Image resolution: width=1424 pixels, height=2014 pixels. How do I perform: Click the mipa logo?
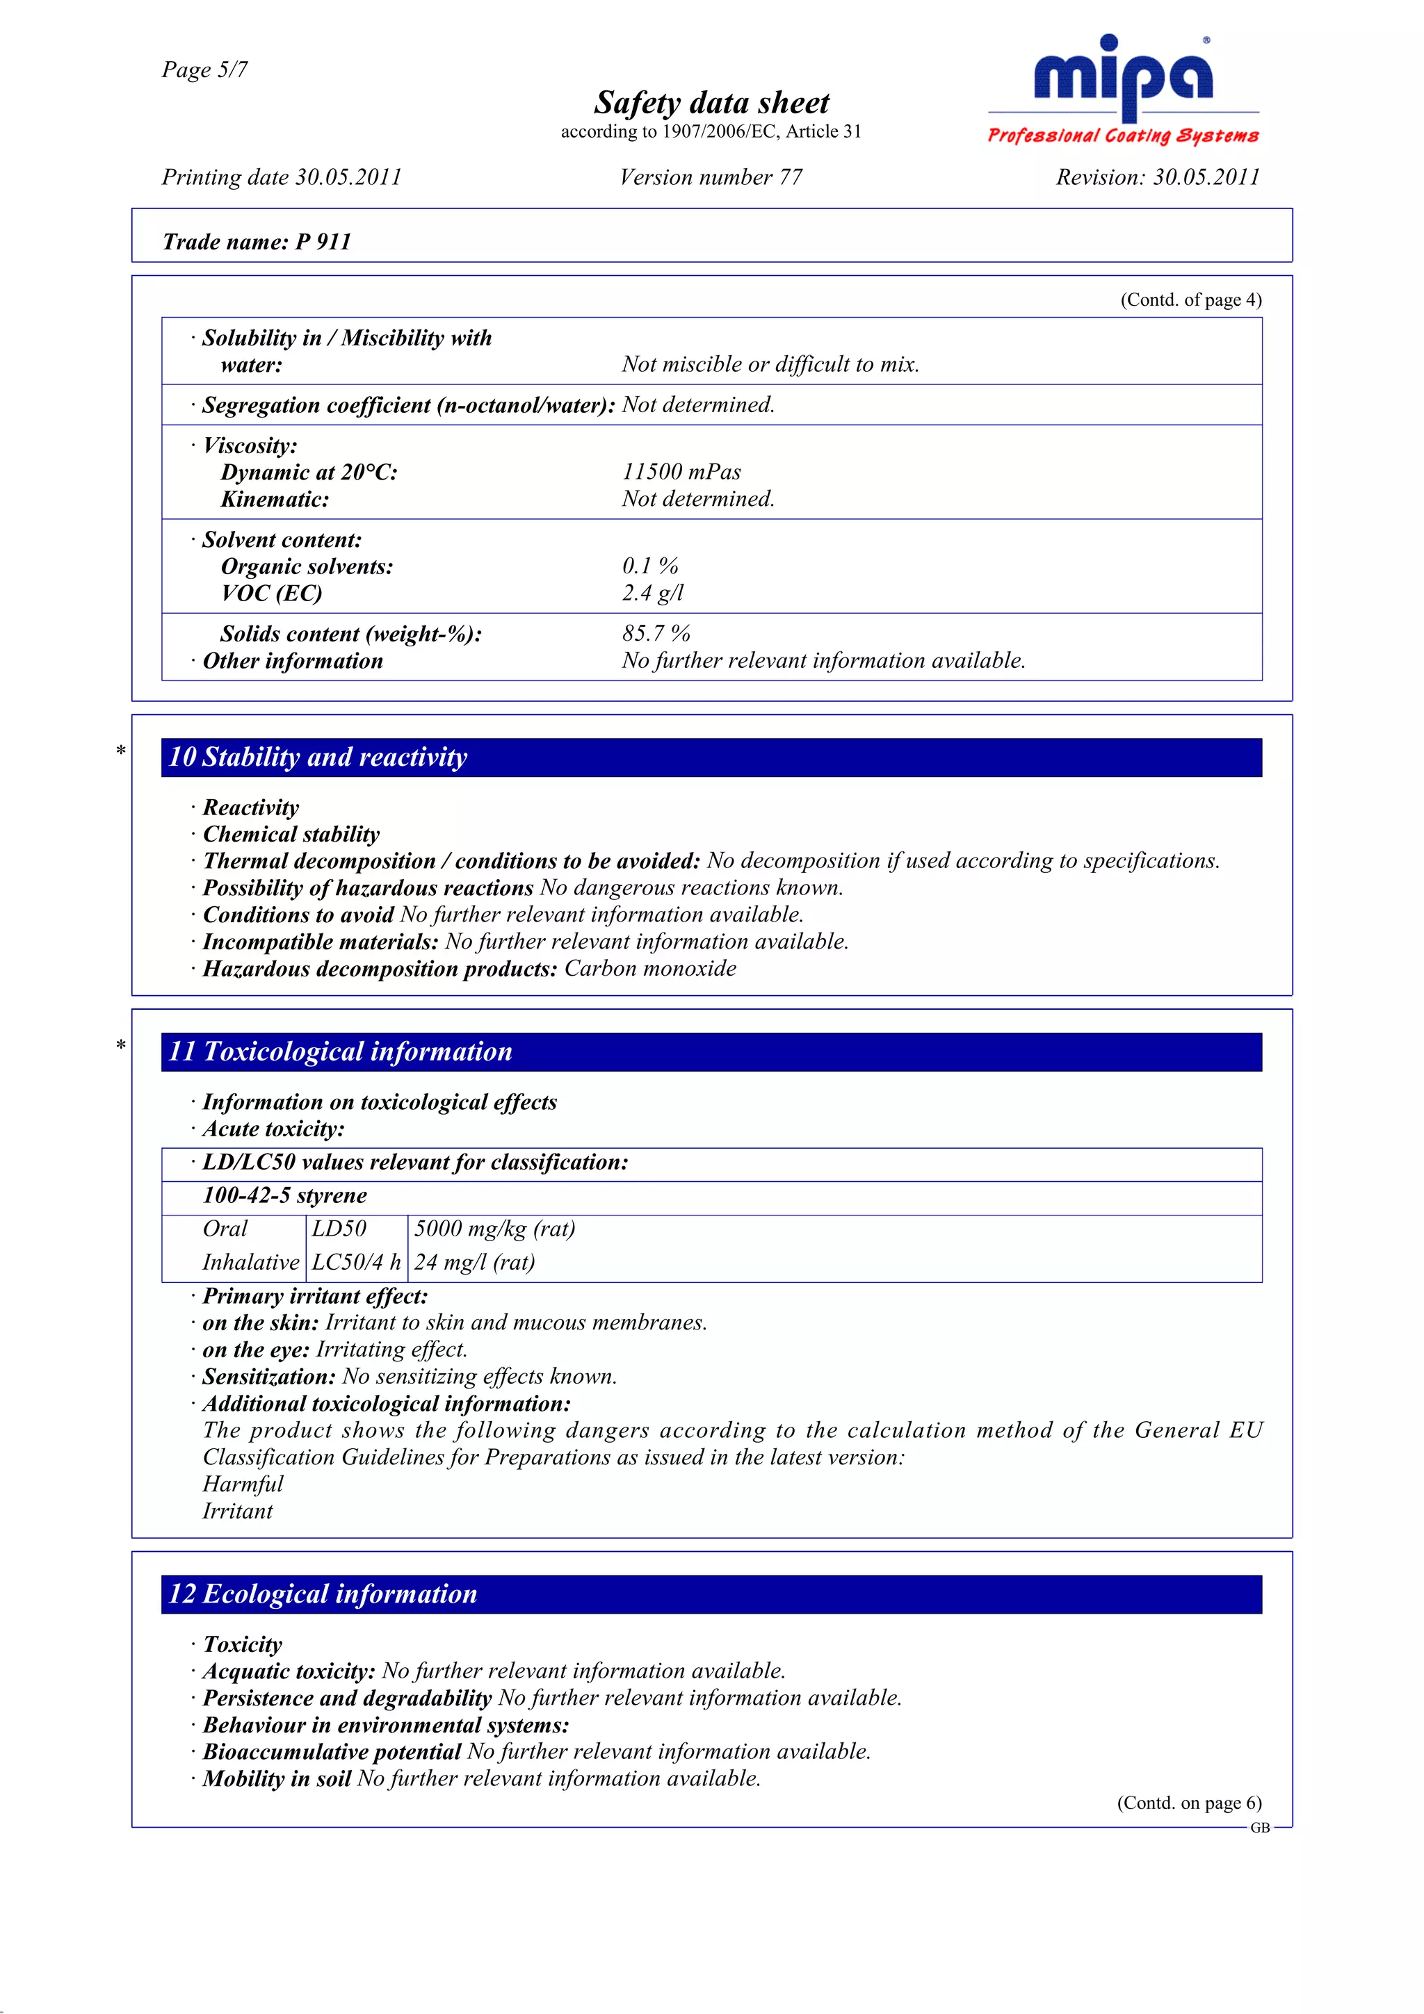pyautogui.click(x=1122, y=79)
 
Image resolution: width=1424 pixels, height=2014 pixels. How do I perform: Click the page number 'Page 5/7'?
pyautogui.click(x=204, y=70)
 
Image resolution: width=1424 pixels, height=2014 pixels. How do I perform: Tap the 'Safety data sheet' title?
pyautogui.click(x=711, y=103)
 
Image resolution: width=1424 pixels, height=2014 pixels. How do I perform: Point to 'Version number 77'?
pyautogui.click(x=711, y=177)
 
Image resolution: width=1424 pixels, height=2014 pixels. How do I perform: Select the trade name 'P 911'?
pyautogui.click(x=323, y=242)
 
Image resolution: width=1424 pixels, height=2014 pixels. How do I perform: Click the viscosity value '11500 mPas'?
pyautogui.click(x=681, y=472)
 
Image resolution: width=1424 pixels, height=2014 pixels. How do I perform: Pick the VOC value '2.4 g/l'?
pyautogui.click(x=652, y=593)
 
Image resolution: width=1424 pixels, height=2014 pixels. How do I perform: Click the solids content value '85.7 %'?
pyautogui.click(x=656, y=633)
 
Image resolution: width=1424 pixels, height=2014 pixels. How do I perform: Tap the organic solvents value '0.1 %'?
pyautogui.click(x=649, y=566)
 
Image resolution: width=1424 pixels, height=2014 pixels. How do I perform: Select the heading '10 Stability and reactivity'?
pyautogui.click(x=318, y=757)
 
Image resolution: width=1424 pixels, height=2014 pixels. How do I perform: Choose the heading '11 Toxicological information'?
pyautogui.click(x=341, y=1051)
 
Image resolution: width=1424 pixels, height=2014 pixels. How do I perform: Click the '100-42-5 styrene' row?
pyautogui.click(x=285, y=1195)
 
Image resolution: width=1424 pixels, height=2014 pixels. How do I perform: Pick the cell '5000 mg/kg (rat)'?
pyautogui.click(x=494, y=1229)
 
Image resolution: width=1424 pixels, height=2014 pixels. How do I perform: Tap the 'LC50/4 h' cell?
pyautogui.click(x=356, y=1262)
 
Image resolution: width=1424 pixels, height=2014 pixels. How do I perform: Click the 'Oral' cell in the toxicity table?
pyautogui.click(x=225, y=1229)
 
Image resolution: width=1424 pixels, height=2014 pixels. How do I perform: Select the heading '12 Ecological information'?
pyautogui.click(x=323, y=1594)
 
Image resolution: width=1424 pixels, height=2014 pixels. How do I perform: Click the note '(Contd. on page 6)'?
pyautogui.click(x=1188, y=1803)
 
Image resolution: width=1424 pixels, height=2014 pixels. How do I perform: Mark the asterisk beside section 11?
pyautogui.click(x=121, y=1045)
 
